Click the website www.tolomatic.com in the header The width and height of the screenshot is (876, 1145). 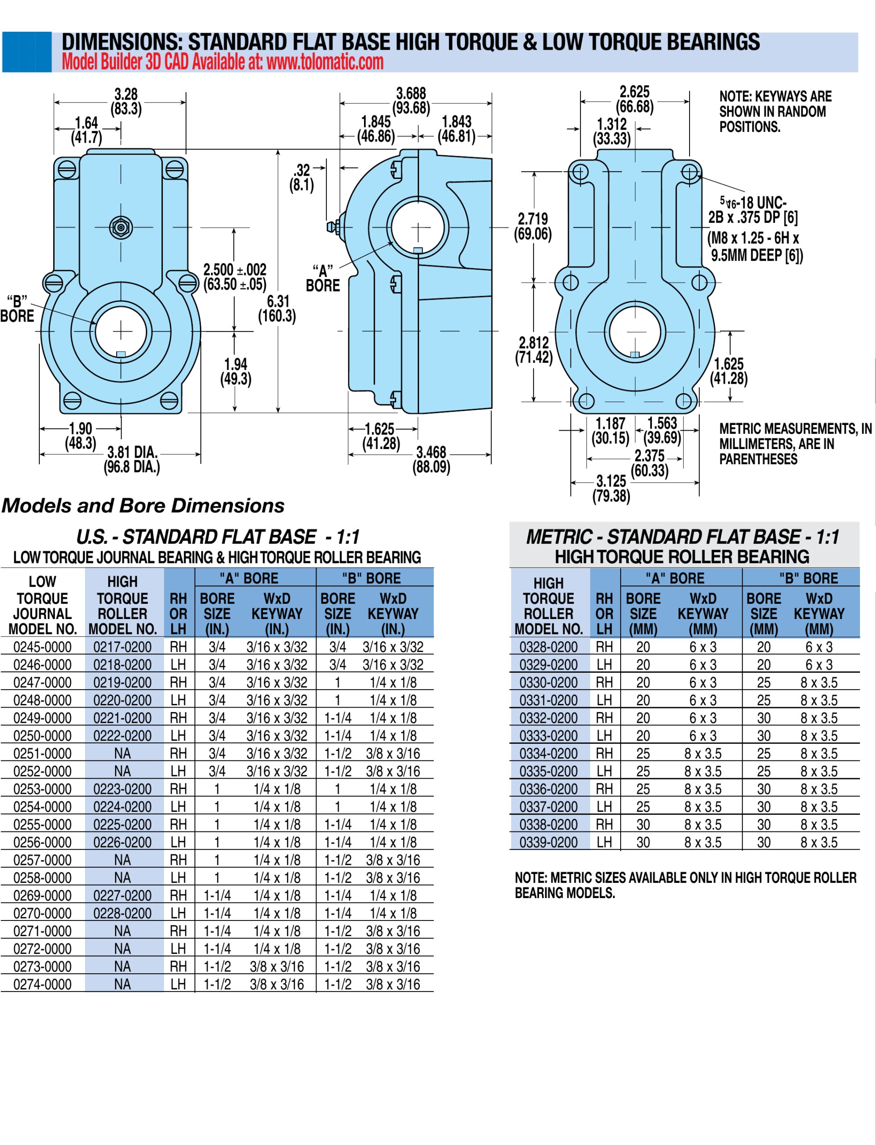click(x=324, y=63)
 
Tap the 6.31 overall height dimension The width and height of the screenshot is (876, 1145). click(x=277, y=309)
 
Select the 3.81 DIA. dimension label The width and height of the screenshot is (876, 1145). click(x=132, y=459)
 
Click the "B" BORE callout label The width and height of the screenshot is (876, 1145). click(x=17, y=309)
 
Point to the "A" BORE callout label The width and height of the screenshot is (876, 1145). click(x=323, y=279)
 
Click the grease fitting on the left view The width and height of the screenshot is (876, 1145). click(x=121, y=227)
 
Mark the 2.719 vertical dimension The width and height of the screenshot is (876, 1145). click(x=533, y=226)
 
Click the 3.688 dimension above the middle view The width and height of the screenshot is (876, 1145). click(x=411, y=100)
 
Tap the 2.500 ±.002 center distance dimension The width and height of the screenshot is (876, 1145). click(x=235, y=277)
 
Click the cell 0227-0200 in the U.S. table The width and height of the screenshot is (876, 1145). click(x=123, y=896)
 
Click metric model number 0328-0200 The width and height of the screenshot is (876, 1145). click(x=549, y=647)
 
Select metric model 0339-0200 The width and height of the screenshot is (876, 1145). click(x=549, y=843)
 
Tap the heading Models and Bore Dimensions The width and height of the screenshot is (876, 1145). click(x=143, y=506)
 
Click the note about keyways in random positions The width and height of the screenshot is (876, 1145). click(x=772, y=111)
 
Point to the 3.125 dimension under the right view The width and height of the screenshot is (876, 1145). click(x=611, y=488)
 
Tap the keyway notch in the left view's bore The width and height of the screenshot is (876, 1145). click(x=121, y=354)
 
